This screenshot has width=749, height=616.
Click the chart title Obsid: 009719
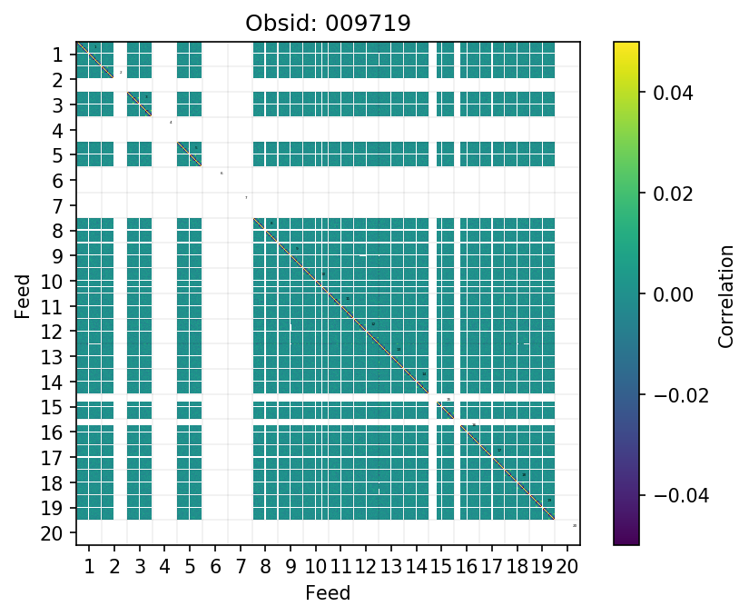328,24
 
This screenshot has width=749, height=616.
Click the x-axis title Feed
328,593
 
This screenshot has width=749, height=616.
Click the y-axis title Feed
23,293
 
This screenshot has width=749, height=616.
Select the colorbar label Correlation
725,293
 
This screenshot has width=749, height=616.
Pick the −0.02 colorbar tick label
669,394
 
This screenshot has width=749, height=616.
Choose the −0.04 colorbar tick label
669,495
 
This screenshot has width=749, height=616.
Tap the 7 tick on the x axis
240,569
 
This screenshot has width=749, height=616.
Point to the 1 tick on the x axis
89,569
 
